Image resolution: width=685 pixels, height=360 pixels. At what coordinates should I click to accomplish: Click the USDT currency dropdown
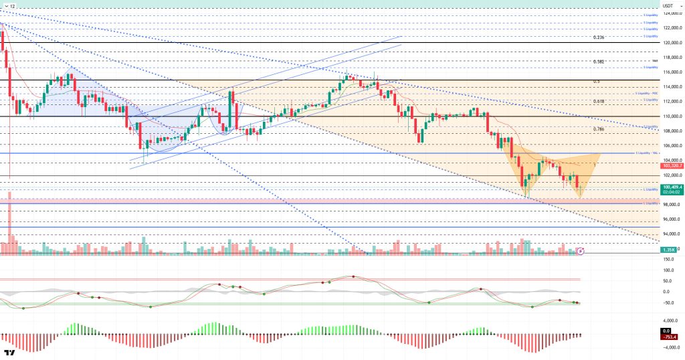[668, 5]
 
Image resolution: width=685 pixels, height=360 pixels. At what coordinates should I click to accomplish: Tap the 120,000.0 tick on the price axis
[671, 43]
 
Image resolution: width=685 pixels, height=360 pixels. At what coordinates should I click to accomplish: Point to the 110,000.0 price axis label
[671, 116]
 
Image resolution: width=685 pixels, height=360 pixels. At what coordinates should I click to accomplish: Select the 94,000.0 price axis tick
[671, 234]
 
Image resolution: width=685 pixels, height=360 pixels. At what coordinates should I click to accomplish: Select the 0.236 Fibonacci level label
[599, 37]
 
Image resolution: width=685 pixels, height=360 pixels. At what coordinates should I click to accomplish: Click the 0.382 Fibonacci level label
[599, 62]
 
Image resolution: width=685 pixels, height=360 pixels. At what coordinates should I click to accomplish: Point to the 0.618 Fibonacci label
[599, 102]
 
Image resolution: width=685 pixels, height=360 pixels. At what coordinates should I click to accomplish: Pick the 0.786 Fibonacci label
[599, 129]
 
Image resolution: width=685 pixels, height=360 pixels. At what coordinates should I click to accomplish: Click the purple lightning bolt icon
[581, 251]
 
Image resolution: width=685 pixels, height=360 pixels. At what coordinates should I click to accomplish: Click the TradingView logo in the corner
[9, 353]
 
